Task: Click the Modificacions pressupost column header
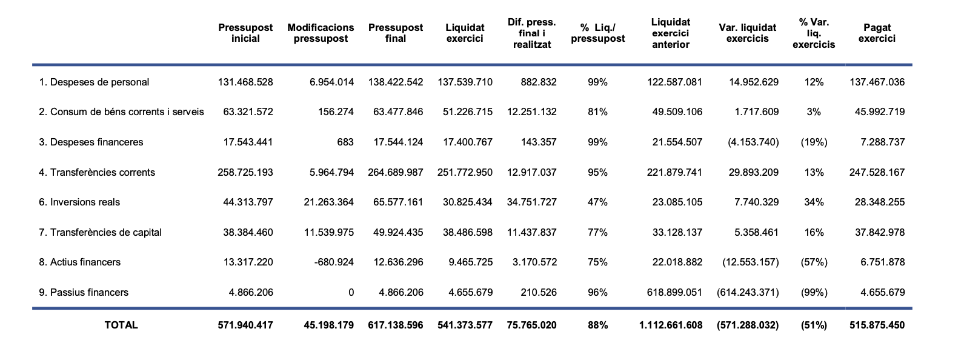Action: pyautogui.click(x=321, y=33)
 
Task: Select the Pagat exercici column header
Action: pyautogui.click(x=877, y=33)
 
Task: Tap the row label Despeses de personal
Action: pyautogui.click(x=94, y=82)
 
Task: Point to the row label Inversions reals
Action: pyautogui.click(x=79, y=202)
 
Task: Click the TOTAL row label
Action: pyautogui.click(x=121, y=325)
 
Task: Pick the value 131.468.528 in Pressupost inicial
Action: pyautogui.click(x=245, y=82)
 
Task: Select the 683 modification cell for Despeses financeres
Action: pyautogui.click(x=345, y=142)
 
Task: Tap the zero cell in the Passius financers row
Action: pyautogui.click(x=351, y=292)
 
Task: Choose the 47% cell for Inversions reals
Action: pyautogui.click(x=597, y=202)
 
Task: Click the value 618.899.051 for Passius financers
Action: pyautogui.click(x=674, y=292)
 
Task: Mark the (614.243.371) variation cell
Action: pyautogui.click(x=748, y=292)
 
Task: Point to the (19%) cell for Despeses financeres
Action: pyautogui.click(x=814, y=142)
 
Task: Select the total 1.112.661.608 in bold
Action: pyautogui.click(x=671, y=325)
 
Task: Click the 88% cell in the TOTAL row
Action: pyautogui.click(x=597, y=325)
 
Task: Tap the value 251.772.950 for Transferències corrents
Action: pyautogui.click(x=465, y=172)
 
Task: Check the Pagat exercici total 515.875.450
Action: pyautogui.click(x=877, y=325)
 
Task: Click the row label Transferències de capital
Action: pyautogui.click(x=100, y=232)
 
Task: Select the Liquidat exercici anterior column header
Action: pyautogui.click(x=671, y=33)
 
